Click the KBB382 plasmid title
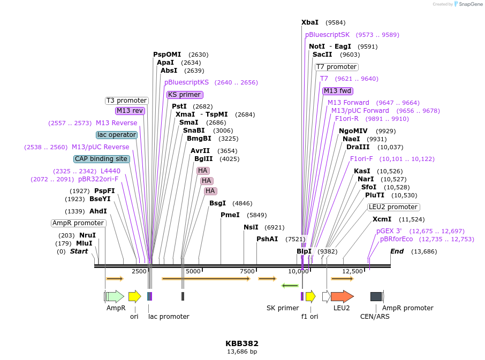click(242, 343)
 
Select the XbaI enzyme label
click(310, 22)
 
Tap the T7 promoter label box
click(337, 67)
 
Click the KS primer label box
click(185, 95)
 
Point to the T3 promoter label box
click(126, 101)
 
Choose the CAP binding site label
click(102, 159)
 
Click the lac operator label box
click(117, 135)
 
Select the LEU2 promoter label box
click(393, 207)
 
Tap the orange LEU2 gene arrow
click(342, 296)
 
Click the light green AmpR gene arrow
click(115, 296)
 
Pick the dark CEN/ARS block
click(376, 296)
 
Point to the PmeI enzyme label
click(230, 215)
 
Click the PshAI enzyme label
click(267, 239)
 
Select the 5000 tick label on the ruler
click(193, 272)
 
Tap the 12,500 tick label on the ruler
click(353, 272)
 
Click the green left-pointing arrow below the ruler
click(290, 286)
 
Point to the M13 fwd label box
click(337, 91)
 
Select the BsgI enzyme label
click(217, 203)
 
